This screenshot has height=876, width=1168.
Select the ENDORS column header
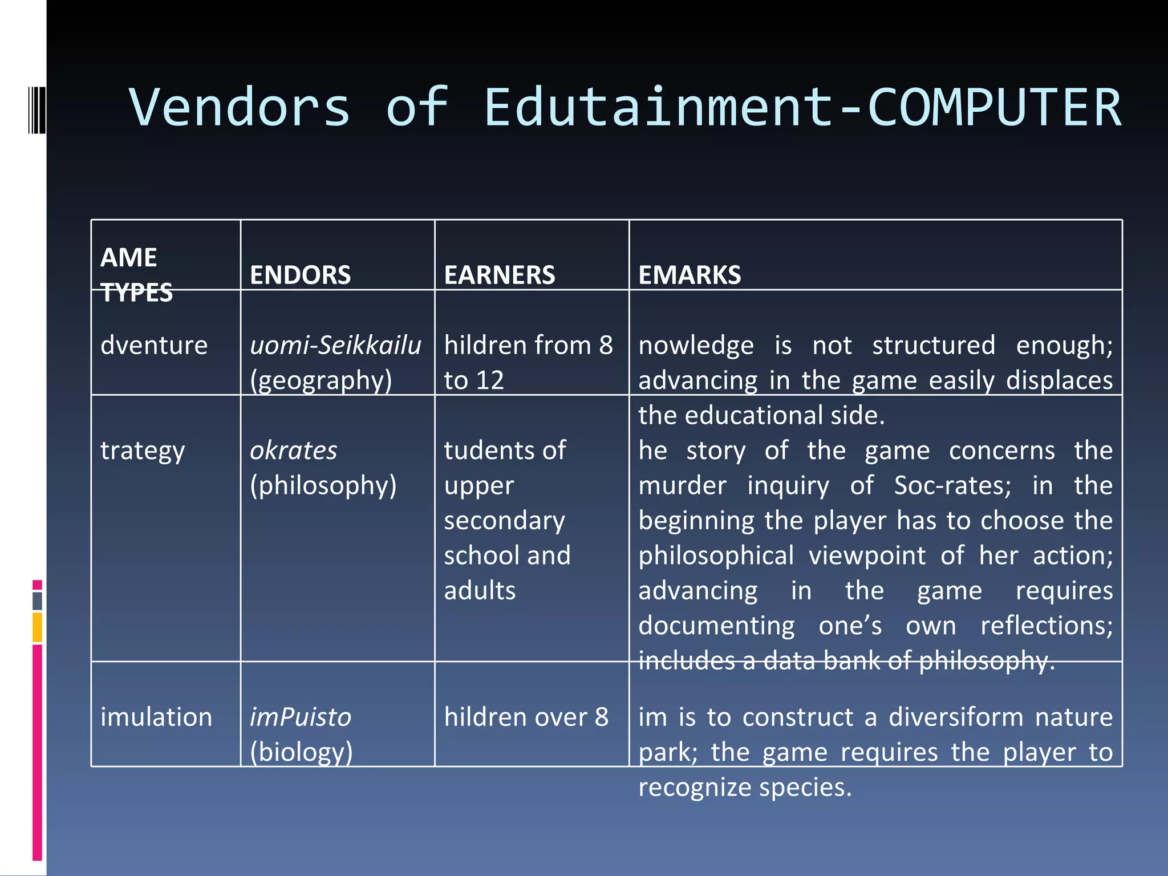tap(300, 275)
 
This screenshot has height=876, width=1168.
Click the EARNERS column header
tap(499, 275)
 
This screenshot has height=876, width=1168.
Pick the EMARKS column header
tap(690, 275)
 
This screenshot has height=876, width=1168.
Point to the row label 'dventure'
tap(154, 346)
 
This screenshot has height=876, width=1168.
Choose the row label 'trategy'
tap(143, 451)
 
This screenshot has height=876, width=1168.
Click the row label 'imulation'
tap(156, 717)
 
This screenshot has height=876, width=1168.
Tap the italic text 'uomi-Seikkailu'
tap(335, 346)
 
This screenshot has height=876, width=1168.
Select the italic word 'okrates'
tap(293, 451)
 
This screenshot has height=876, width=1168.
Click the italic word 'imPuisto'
tap(301, 717)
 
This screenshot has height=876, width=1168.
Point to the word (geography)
tap(321, 380)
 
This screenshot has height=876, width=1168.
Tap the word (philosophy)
tap(323, 485)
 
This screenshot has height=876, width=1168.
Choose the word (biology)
tap(301, 752)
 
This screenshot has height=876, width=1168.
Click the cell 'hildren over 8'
tap(526, 717)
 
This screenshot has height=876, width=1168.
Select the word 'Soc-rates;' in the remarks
tap(952, 485)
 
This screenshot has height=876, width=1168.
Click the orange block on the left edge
tap(37, 627)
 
